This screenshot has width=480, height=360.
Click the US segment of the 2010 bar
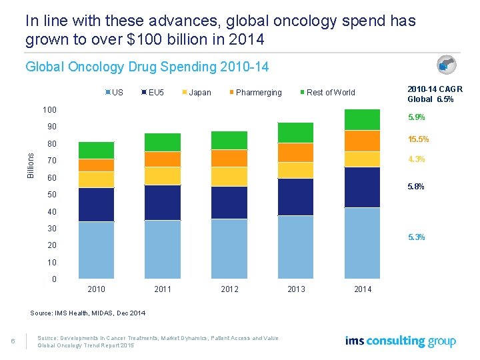coord(96,250)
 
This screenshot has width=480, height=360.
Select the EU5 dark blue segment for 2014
coord(362,187)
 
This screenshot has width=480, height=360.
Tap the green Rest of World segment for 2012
coord(229,140)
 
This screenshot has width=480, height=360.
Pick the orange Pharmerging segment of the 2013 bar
coord(295,153)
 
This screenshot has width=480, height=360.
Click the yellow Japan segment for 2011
coord(162,175)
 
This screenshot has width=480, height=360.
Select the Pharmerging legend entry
coord(258,92)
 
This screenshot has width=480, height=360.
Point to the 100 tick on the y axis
coord(49,109)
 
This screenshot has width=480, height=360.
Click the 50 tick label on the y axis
coord(51,195)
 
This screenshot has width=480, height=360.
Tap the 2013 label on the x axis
coord(296,289)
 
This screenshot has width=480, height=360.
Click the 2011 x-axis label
coord(163,289)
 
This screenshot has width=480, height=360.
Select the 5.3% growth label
coord(415,237)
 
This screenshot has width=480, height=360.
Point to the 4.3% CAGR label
coord(415,159)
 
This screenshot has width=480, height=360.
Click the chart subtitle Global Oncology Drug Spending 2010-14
coord(147,67)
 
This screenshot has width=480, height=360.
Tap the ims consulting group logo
coord(400,341)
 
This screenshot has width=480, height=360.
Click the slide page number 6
coord(13,342)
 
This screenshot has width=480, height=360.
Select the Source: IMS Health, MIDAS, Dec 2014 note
coord(88,313)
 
